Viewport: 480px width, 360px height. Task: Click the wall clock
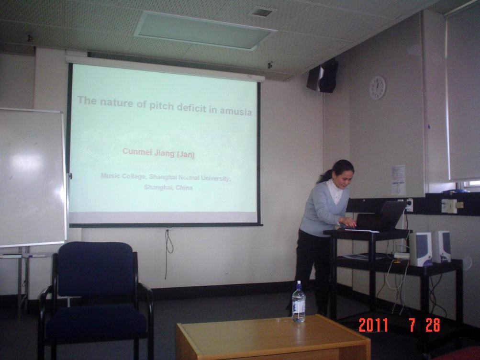[377, 88]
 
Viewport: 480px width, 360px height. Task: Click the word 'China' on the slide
[184, 188]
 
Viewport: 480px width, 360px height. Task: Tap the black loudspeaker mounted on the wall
[323, 76]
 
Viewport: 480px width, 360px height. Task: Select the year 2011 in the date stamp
[373, 325]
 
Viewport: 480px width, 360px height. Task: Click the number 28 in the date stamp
[433, 325]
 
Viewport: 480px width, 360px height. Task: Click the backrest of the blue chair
[96, 269]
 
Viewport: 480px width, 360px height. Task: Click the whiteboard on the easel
[32, 178]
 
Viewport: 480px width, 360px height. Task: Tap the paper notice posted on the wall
[399, 180]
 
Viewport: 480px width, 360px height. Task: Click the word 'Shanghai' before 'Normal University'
[164, 177]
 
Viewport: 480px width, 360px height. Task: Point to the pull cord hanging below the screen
[168, 253]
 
